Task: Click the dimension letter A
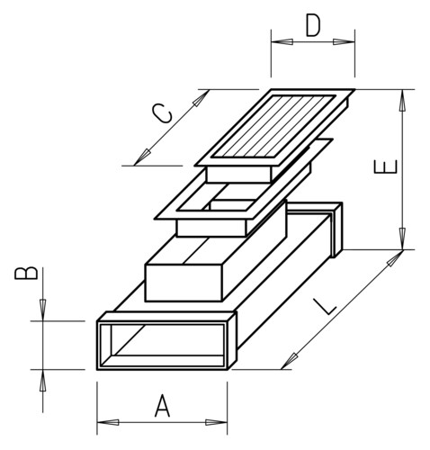tap(162, 406)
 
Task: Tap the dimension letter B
tap(26, 273)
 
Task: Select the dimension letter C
tap(162, 113)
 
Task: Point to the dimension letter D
tap(313, 25)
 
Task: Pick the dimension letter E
tap(386, 166)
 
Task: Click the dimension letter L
tap(325, 306)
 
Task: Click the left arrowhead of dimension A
tap(108, 422)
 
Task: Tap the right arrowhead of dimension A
tap(216, 422)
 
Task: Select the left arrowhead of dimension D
tap(282, 41)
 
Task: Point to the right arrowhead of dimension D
tap(344, 41)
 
